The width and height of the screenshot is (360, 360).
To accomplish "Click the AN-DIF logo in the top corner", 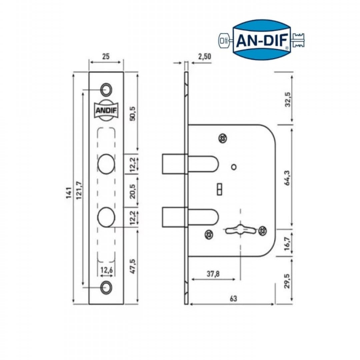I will [x=262, y=39].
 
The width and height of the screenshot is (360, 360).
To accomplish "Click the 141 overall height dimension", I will [x=68, y=193].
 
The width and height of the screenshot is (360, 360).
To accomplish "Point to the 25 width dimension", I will [x=106, y=57].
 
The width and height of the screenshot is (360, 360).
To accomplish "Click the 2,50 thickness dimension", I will [x=204, y=57].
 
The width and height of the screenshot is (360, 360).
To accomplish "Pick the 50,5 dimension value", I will [x=133, y=114].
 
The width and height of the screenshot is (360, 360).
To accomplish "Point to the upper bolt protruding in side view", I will [x=173, y=164].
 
